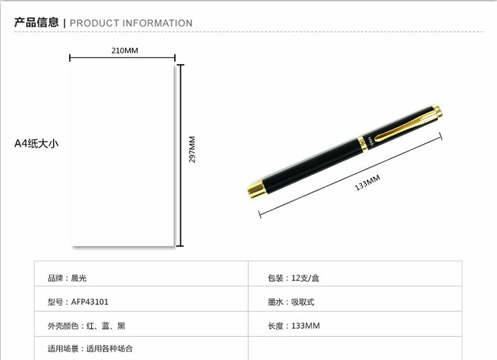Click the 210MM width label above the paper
pyautogui.click(x=125, y=50)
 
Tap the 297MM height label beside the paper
pyautogui.click(x=192, y=149)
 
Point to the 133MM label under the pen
pyautogui.click(x=367, y=183)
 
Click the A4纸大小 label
pyautogui.click(x=36, y=143)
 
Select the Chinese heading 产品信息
pyautogui.click(x=36, y=23)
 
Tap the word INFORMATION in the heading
pyautogui.click(x=157, y=23)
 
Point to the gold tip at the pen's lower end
pyautogui.click(x=256, y=190)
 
